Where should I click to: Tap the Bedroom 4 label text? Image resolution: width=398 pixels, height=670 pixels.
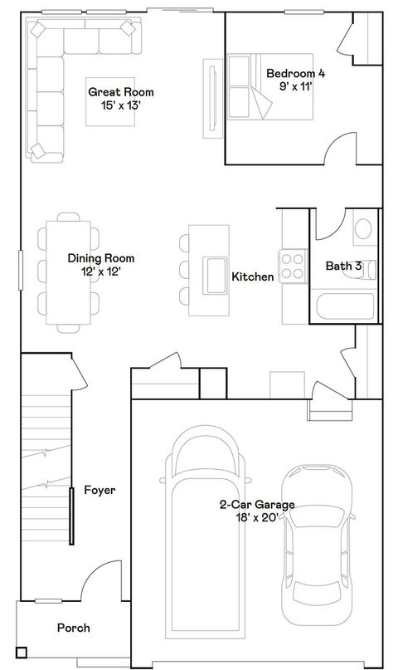pos(295,79)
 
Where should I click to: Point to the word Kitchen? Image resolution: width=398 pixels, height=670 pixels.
pos(252,276)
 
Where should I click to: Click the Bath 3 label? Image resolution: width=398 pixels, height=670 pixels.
pos(342,267)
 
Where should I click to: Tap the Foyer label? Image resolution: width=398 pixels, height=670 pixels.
pos(99,490)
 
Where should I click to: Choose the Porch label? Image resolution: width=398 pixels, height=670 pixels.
pos(73,628)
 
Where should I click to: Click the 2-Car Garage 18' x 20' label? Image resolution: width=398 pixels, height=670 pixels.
pos(257,511)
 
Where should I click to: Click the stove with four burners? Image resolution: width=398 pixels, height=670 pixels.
pos(293,266)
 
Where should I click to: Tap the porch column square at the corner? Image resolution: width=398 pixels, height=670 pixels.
pos(22,652)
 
